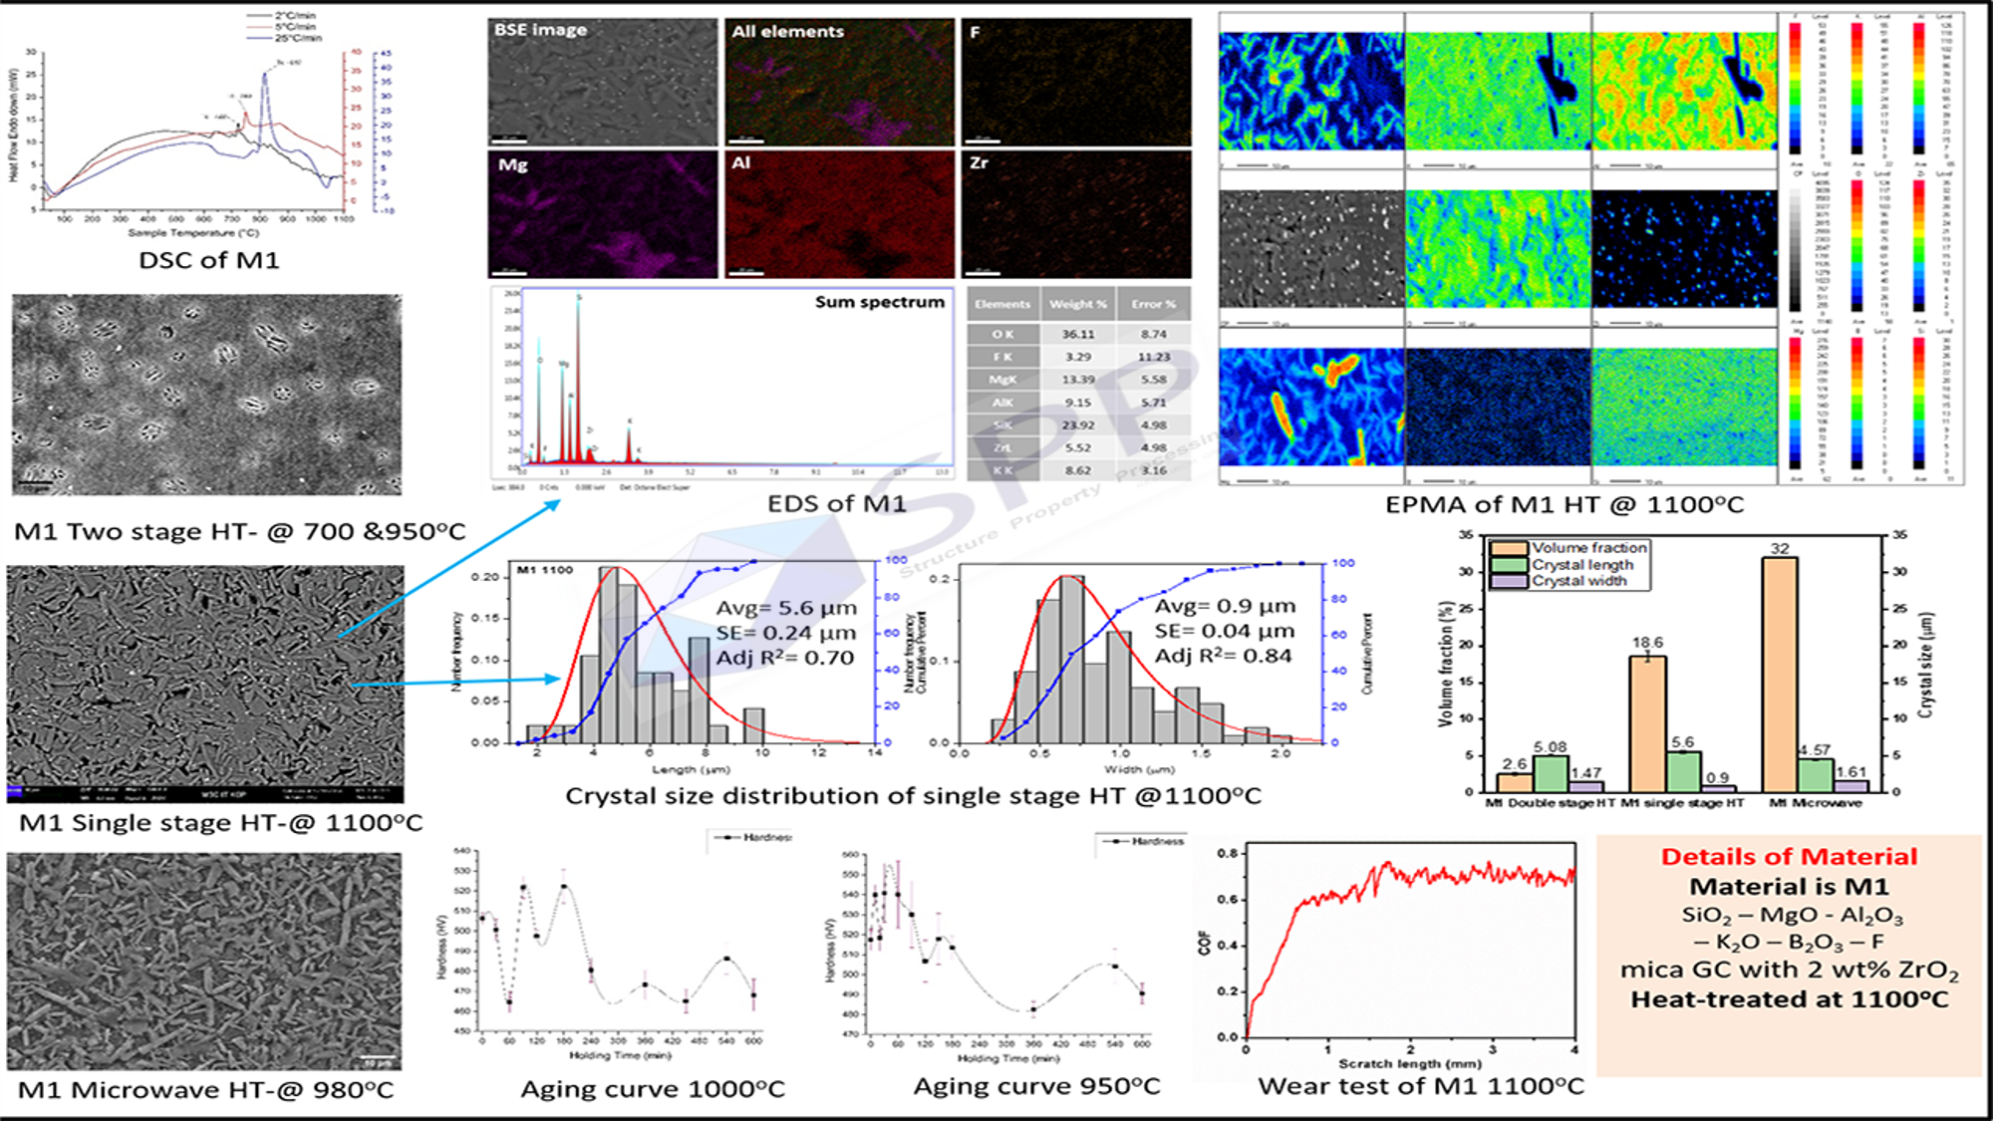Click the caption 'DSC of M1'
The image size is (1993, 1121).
point(208,261)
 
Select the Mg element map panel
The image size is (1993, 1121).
point(602,214)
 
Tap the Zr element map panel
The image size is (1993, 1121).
point(1076,214)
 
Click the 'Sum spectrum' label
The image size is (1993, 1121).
point(879,302)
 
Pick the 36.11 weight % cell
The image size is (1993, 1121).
point(1077,335)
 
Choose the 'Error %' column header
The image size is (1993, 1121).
point(1153,304)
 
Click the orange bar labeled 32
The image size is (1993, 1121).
point(1779,674)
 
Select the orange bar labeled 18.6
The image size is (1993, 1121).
point(1647,722)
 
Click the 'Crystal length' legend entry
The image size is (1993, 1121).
point(1582,565)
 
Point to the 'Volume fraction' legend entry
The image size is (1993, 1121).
point(1588,548)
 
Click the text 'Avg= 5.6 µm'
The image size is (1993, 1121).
point(785,608)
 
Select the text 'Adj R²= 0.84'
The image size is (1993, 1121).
point(1223,657)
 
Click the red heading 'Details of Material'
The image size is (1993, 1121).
point(1789,857)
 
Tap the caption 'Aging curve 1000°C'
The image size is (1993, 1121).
point(653,1089)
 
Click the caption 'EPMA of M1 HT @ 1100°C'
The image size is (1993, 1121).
point(1565,505)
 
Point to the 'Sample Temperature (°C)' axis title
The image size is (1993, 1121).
point(193,233)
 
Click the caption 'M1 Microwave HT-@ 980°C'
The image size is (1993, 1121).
point(206,1090)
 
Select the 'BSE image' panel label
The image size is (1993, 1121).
point(540,30)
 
